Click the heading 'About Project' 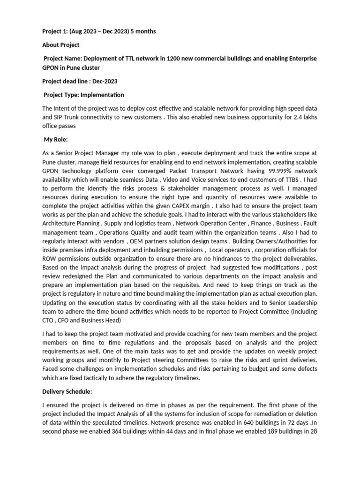(x=61, y=45)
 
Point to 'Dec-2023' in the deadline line (x=106, y=81)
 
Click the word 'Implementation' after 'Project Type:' (x=103, y=95)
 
